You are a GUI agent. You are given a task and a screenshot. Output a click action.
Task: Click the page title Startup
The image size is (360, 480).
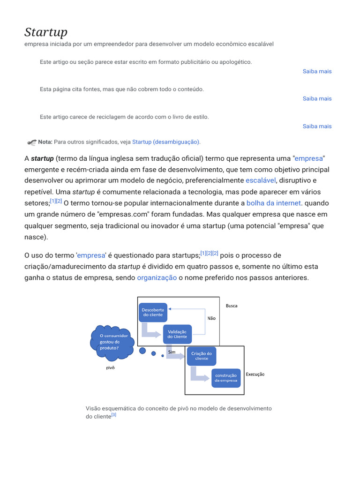click(46, 32)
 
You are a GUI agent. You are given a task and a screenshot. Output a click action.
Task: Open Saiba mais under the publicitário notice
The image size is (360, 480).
click(317, 71)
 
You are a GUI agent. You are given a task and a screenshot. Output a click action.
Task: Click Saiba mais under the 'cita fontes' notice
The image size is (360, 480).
click(317, 98)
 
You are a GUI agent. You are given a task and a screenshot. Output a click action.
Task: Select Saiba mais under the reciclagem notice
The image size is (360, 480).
click(317, 126)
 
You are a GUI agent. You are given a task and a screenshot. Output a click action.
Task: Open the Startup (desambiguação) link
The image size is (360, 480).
click(166, 142)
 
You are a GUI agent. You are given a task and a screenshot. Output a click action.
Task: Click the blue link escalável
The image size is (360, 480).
click(261, 180)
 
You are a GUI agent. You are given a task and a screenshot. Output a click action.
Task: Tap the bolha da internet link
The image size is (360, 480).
click(274, 203)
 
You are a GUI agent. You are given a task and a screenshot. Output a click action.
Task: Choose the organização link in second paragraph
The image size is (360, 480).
click(157, 277)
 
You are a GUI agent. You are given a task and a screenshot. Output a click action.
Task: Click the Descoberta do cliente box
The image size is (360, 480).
click(153, 312)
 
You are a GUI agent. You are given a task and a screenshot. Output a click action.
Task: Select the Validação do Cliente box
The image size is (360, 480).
click(177, 334)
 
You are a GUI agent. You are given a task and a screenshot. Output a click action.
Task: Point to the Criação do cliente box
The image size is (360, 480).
click(202, 356)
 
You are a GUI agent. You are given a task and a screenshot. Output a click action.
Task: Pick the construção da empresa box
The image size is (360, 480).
click(226, 378)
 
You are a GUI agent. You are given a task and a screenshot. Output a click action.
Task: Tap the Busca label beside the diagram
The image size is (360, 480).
click(232, 306)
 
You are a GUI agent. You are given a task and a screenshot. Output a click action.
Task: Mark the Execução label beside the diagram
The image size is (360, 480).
click(255, 375)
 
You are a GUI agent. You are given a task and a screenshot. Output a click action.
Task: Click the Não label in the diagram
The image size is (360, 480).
click(211, 318)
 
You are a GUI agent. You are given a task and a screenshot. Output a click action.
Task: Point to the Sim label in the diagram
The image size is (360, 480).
click(172, 352)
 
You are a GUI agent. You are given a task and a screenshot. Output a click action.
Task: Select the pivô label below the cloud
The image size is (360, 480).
click(110, 368)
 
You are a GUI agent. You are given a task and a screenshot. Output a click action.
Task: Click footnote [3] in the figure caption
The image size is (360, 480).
click(114, 415)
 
